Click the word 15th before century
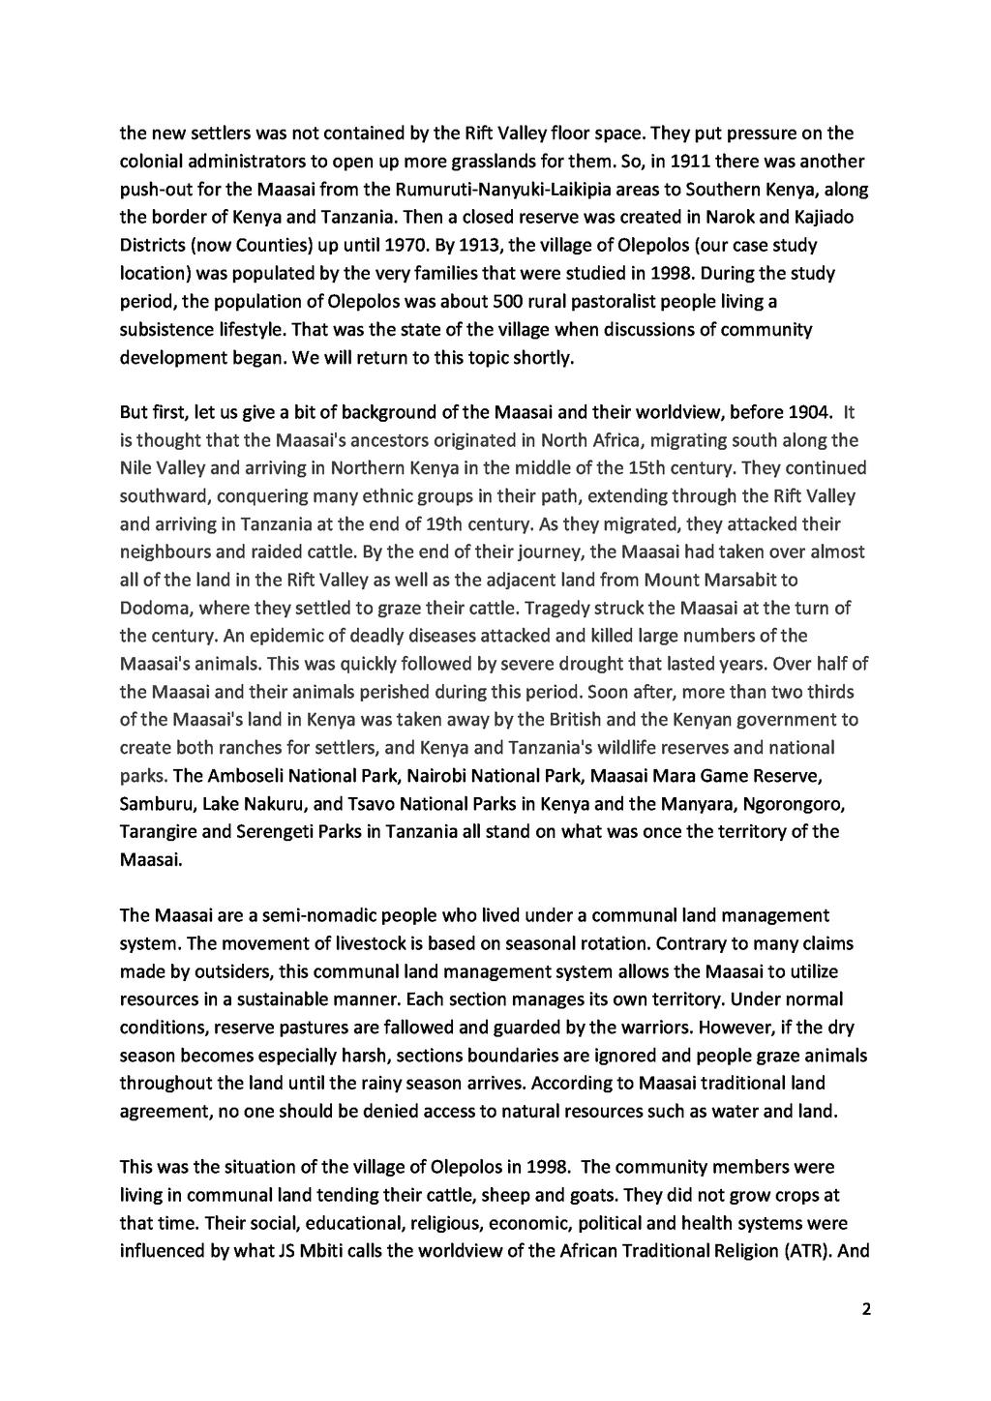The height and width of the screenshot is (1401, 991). [647, 468]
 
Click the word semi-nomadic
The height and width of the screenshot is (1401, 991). [324, 915]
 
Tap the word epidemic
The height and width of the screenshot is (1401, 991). [255, 636]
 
